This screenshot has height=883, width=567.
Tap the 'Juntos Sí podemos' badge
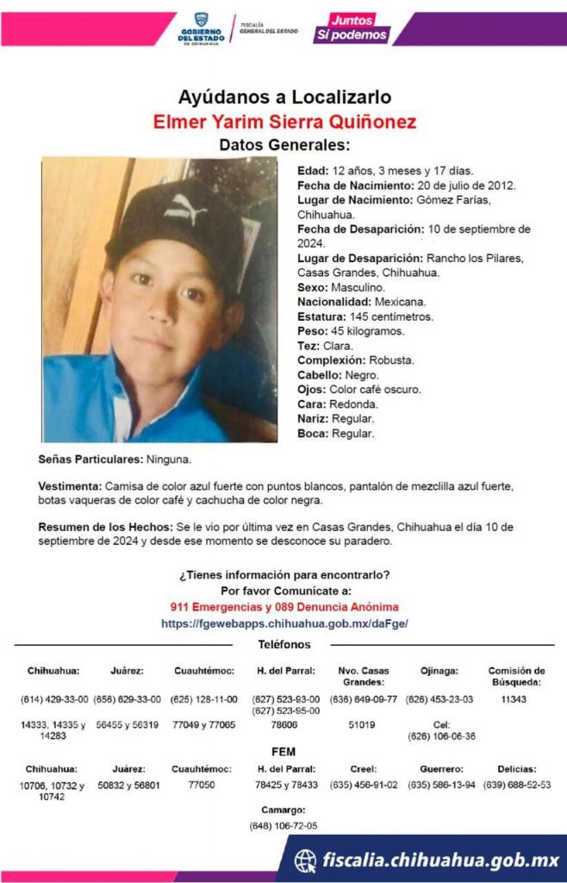353,28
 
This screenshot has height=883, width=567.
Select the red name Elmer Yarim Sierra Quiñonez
284,121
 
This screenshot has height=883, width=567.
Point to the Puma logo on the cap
182,207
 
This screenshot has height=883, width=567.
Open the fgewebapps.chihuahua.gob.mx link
284,623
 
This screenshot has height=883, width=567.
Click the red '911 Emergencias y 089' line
284,607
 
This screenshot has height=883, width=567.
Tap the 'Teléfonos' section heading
284,645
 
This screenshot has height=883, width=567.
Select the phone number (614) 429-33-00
53,699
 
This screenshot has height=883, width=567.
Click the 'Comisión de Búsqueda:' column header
516,676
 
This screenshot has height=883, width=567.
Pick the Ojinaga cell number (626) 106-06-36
440,736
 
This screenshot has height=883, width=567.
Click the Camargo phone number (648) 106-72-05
283,825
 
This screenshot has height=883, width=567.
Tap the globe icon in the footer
305,860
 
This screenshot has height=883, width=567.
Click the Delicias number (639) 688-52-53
516,785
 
